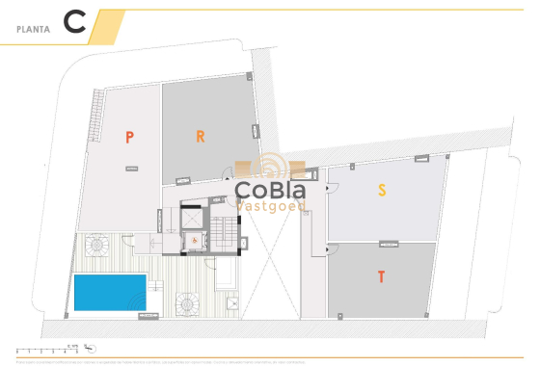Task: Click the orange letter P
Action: (x=129, y=137)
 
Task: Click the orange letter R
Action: (x=200, y=136)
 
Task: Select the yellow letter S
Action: (x=382, y=191)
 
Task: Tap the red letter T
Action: (x=382, y=277)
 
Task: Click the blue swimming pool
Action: (x=109, y=292)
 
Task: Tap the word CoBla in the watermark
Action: (x=271, y=189)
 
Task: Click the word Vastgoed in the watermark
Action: (x=272, y=205)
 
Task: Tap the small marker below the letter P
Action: (x=129, y=168)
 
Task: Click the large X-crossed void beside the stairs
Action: (x=269, y=260)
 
